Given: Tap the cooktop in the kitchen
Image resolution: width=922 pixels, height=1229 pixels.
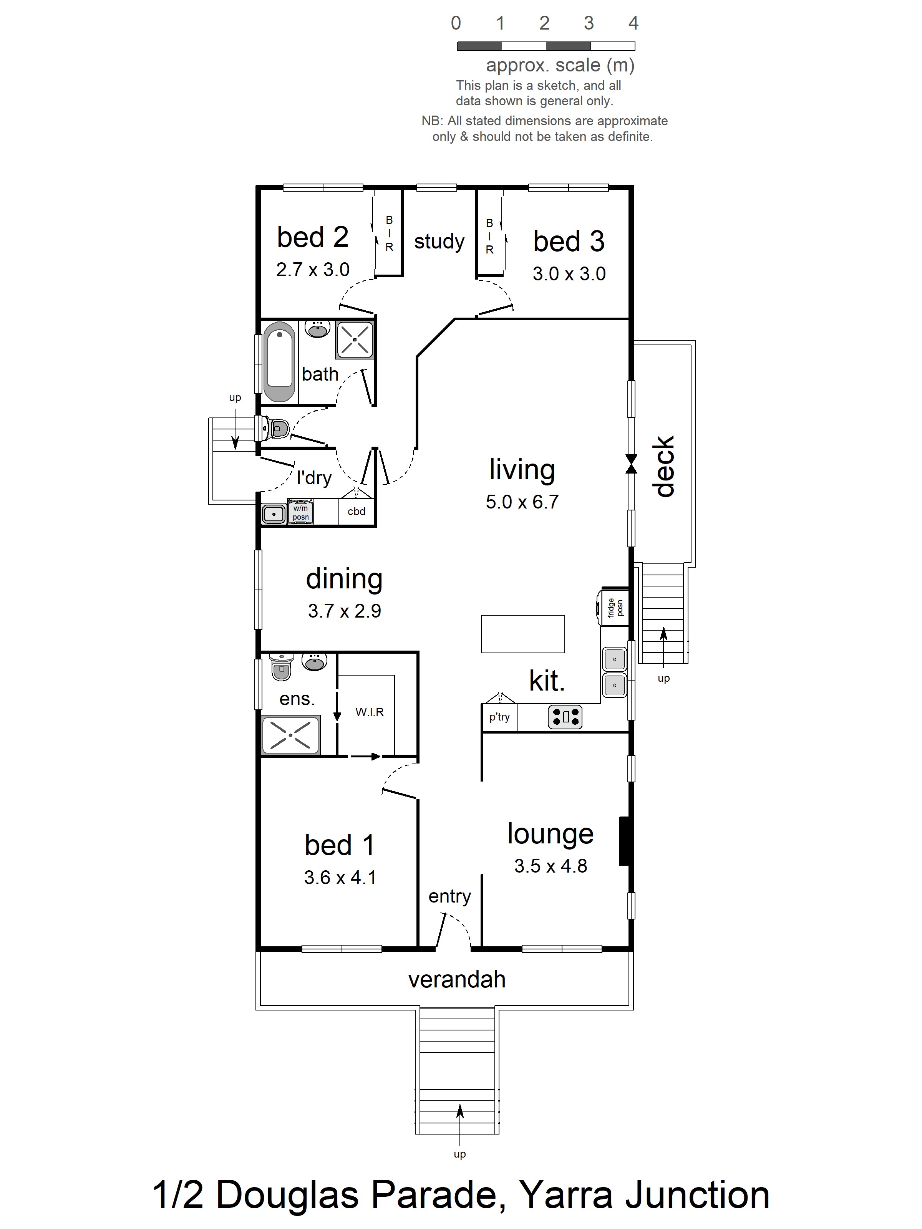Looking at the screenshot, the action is point(565,717).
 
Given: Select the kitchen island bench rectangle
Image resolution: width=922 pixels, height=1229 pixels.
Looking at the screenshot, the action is point(523,633).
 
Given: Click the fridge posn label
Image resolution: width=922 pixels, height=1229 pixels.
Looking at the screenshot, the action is point(615,607).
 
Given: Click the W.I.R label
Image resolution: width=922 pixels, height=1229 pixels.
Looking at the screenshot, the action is point(370,712).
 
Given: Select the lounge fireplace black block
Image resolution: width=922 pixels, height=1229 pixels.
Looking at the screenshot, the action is point(624,841).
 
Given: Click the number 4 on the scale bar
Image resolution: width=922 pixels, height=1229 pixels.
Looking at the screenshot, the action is point(633,23).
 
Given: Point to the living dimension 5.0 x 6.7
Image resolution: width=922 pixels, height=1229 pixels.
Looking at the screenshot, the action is point(522,502).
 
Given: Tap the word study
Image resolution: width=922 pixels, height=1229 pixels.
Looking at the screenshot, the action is point(439,241).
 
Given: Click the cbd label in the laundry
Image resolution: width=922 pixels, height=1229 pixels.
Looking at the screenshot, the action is point(356,511).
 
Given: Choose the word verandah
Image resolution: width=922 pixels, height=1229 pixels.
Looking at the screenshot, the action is point(457,979).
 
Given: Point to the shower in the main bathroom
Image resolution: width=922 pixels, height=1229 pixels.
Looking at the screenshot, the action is point(354,339).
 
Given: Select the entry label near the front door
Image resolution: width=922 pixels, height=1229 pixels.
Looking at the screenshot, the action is point(449,896).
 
